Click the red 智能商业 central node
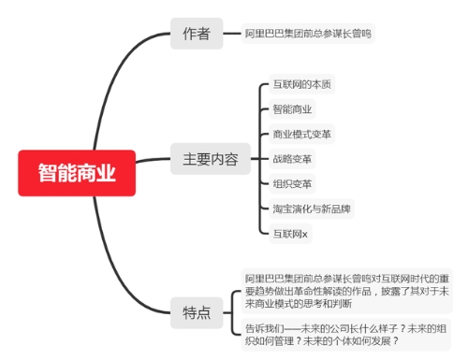pyautogui.click(x=77, y=173)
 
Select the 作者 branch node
pyautogui.click(x=197, y=35)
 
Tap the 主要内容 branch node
pyautogui.click(x=204, y=159)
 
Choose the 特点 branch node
pyautogui.click(x=197, y=312)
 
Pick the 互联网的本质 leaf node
pyautogui.click(x=299, y=84)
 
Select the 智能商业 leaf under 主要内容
pyautogui.click(x=292, y=109)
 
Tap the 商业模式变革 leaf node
pyautogui.click(x=301, y=134)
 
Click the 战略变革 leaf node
pyautogui.click(x=292, y=159)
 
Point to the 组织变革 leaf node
pyautogui.click(x=292, y=183)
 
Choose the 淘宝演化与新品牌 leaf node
pyautogui.click(x=312, y=208)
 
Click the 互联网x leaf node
pyautogui.click(x=289, y=233)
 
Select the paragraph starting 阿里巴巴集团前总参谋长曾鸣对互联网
pyautogui.click(x=345, y=291)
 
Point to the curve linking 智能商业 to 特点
pyautogui.click(x=131, y=271)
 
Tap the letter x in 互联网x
pyautogui.click(x=304, y=234)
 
